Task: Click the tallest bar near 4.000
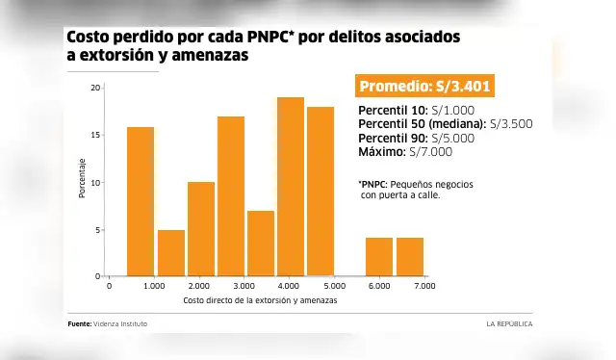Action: coord(291,187)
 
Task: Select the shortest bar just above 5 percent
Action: coord(171,253)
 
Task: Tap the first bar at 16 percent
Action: coord(141,201)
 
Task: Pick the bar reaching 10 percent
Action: coord(201,229)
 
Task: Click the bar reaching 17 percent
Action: coord(231,196)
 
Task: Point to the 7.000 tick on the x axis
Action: coord(423,286)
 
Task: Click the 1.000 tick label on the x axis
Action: coord(154,286)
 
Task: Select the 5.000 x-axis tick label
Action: coord(334,286)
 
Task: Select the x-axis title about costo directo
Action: coord(260,301)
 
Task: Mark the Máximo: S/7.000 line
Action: coord(404,152)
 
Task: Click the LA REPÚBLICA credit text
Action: coord(508,324)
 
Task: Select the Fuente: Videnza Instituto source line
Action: coord(108,324)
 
